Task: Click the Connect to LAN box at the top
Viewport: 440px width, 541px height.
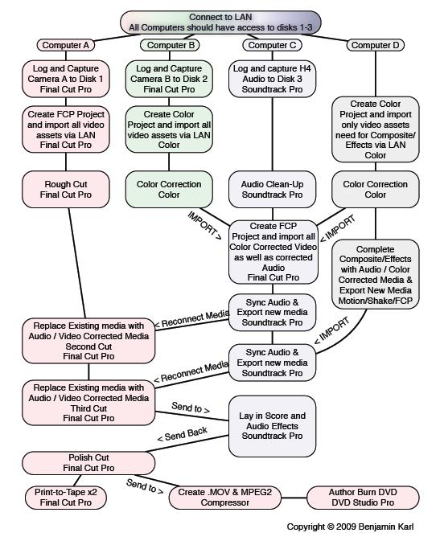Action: (x=220, y=23)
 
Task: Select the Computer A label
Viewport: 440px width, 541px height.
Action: (x=66, y=45)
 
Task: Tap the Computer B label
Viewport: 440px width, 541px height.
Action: (x=170, y=45)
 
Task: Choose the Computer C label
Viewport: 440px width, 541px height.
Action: (x=272, y=45)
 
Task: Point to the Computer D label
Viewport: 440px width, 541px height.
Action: (x=376, y=45)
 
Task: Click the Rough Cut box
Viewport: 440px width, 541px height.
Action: (x=66, y=190)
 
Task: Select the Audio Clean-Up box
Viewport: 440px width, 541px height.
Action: (x=272, y=190)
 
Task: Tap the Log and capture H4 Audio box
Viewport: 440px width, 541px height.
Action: (x=272, y=79)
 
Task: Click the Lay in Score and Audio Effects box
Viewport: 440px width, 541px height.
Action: (x=272, y=426)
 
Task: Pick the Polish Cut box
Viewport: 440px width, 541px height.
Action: (x=88, y=463)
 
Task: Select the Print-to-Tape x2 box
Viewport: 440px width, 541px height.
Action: (x=66, y=497)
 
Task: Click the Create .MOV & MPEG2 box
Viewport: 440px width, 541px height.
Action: (x=225, y=497)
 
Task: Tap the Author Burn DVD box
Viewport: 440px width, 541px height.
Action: (x=363, y=497)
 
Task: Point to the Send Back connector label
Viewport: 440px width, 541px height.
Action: (x=182, y=434)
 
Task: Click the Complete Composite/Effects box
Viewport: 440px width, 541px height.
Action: (x=376, y=274)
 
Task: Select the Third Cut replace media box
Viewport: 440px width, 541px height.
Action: (x=88, y=403)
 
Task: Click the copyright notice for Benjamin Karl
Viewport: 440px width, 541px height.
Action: (x=350, y=527)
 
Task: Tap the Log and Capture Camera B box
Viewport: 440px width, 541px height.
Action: (x=169, y=79)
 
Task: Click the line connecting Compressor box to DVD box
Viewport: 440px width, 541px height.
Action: (x=294, y=498)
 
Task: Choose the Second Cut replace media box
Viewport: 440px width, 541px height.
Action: (x=88, y=341)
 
